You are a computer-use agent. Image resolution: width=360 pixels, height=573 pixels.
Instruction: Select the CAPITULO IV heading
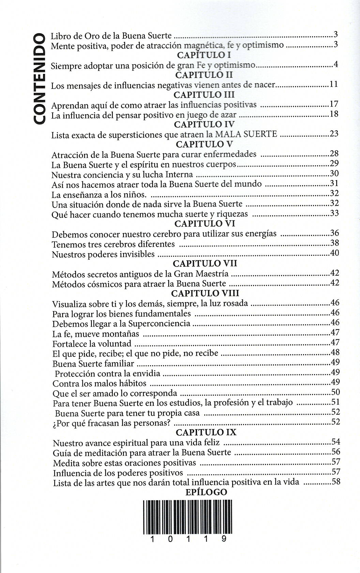click(x=204, y=124)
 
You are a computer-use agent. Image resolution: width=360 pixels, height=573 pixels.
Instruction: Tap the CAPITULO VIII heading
click(x=205, y=293)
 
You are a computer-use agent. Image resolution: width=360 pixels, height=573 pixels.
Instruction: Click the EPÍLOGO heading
click(x=206, y=492)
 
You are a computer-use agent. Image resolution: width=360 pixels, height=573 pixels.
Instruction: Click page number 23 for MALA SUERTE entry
click(x=334, y=133)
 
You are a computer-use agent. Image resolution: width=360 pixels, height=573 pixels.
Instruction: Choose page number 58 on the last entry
click(x=336, y=482)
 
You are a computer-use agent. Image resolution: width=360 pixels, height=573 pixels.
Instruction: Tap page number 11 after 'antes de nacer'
click(x=334, y=84)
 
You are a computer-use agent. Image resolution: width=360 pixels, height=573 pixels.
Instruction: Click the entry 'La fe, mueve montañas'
click(x=96, y=334)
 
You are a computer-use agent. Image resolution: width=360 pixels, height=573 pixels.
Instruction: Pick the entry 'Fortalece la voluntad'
click(x=92, y=343)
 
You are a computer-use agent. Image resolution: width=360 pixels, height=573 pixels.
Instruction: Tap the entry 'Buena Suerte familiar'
click(x=93, y=363)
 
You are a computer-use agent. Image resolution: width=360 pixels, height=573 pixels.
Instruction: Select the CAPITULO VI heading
click(x=205, y=224)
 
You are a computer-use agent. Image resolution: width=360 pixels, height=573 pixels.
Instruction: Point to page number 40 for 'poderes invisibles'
click(x=334, y=253)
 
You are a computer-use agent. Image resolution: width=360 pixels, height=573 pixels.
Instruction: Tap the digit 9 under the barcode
click(x=224, y=539)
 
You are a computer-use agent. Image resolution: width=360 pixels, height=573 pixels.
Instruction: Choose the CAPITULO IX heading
click(x=206, y=433)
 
